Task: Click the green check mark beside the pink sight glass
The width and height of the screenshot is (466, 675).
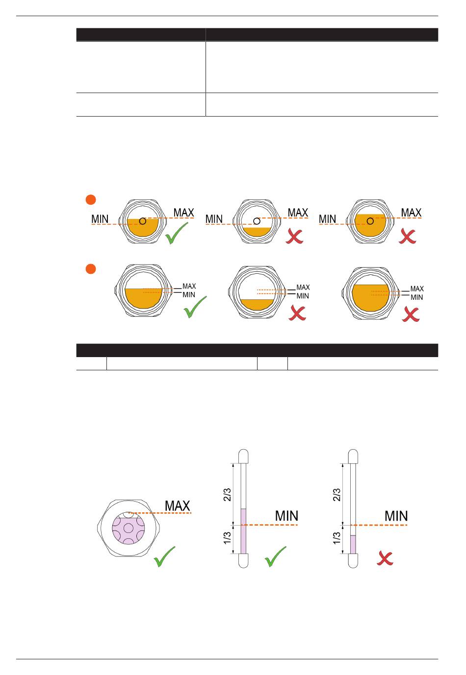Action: tap(164, 557)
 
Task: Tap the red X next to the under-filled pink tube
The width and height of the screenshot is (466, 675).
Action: tap(386, 558)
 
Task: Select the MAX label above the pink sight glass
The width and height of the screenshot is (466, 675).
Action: tap(177, 506)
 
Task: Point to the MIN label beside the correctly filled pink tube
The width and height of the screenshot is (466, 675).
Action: tap(286, 516)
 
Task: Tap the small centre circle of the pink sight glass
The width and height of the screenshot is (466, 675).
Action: tap(128, 529)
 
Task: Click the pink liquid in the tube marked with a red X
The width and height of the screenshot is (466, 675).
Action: tap(353, 544)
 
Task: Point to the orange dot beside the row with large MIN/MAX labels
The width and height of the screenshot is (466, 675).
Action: tap(90, 199)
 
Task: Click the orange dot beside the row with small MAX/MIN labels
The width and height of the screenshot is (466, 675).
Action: tap(90, 269)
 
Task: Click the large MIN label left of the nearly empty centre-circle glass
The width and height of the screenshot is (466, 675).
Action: tap(214, 219)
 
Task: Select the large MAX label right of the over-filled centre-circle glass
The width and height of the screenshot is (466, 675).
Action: tap(411, 213)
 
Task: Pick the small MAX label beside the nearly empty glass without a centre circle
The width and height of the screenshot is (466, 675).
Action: tap(303, 288)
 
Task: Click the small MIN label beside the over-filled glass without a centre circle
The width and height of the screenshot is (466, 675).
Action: tap(416, 297)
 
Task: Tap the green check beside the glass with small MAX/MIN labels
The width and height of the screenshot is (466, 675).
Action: tap(195, 307)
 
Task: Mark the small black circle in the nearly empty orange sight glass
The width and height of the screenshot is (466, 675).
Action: tap(256, 221)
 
